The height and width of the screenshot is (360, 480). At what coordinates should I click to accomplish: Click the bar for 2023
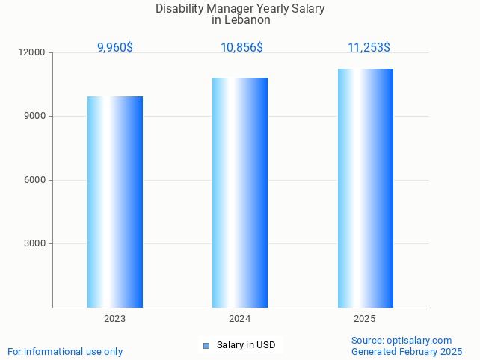click(x=115, y=202)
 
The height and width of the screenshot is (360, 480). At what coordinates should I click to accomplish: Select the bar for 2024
click(x=240, y=192)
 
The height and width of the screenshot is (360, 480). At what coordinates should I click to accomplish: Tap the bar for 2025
click(x=365, y=187)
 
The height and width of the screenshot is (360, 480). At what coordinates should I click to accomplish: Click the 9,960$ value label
click(x=115, y=48)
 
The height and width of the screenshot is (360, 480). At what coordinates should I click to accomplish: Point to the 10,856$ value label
click(x=241, y=48)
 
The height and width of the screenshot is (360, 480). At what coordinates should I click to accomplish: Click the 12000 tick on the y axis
click(x=33, y=53)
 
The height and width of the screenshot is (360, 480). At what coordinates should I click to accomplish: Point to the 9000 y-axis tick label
click(x=35, y=117)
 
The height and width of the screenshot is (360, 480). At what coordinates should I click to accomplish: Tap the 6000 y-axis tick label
click(x=35, y=180)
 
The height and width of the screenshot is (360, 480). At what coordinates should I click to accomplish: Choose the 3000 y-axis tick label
click(x=35, y=243)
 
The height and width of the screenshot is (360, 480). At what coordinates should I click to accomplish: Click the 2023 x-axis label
click(x=115, y=319)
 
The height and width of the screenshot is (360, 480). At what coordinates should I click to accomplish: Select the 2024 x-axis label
click(x=240, y=319)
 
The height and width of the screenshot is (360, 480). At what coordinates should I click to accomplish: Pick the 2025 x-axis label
click(x=365, y=319)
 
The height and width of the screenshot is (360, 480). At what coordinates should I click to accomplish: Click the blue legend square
click(x=206, y=345)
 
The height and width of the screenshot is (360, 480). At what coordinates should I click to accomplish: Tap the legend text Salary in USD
click(x=246, y=345)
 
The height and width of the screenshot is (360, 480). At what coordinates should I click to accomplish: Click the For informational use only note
click(x=65, y=351)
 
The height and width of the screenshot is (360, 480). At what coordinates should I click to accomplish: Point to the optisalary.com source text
click(x=419, y=340)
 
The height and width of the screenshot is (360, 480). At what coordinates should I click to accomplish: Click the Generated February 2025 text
click(x=407, y=351)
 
